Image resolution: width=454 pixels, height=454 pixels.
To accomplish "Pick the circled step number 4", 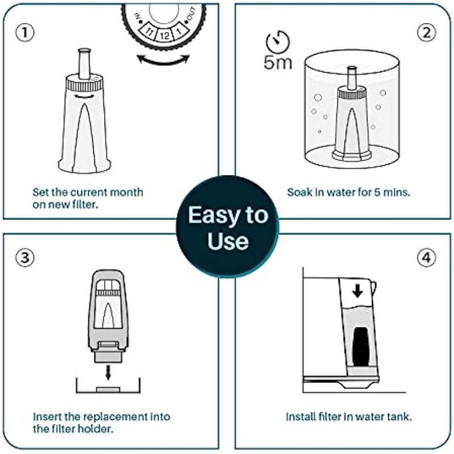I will tap(427, 258).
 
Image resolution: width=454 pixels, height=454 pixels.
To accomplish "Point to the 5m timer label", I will tap(278, 62).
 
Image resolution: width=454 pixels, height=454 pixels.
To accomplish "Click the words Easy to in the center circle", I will tap(228, 216).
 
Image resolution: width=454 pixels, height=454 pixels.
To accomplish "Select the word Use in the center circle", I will tap(228, 241).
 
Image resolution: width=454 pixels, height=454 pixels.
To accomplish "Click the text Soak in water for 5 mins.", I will tap(349, 192).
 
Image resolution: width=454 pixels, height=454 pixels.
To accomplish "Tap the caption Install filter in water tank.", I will tap(349, 417).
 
